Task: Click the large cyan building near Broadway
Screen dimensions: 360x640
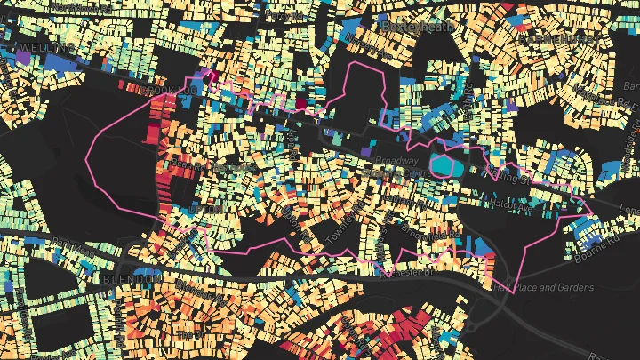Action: [x=444, y=164]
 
